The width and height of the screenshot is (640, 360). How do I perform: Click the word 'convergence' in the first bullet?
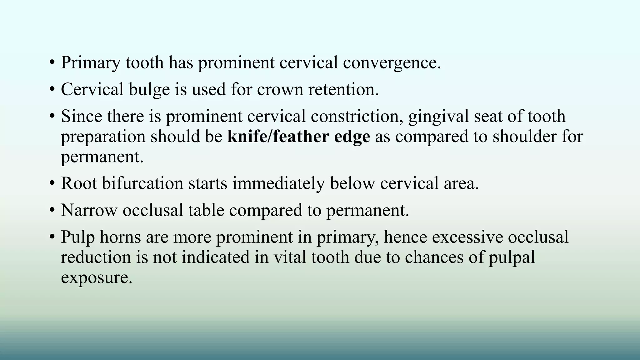pyautogui.click(x=392, y=62)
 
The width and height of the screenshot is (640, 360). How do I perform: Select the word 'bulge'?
pyautogui.click(x=149, y=89)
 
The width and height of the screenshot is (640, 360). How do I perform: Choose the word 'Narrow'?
pyautogui.click(x=89, y=210)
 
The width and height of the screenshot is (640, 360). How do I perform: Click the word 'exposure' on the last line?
pyautogui.click(x=96, y=278)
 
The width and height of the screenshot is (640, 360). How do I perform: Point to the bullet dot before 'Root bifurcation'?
pyautogui.click(x=52, y=183)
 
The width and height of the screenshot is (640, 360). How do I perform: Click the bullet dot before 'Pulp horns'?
pyautogui.click(x=52, y=237)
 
